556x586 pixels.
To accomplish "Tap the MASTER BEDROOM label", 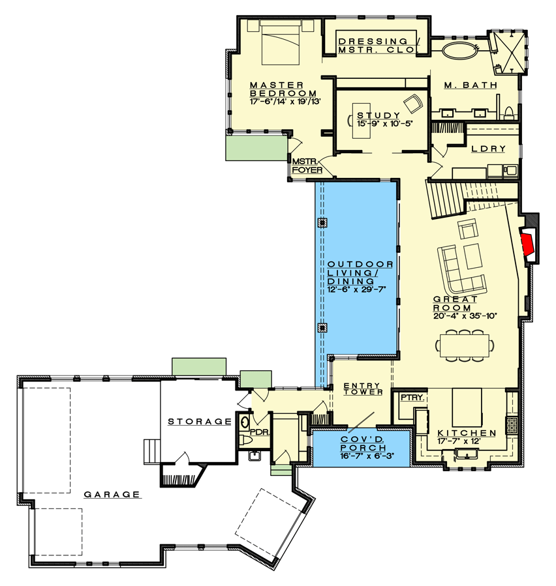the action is pyautogui.click(x=283, y=89).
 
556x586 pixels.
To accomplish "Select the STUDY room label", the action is pyautogui.click(x=378, y=115).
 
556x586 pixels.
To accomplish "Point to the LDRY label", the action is pyautogui.click(x=488, y=149).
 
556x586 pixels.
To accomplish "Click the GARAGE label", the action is pyautogui.click(x=112, y=495).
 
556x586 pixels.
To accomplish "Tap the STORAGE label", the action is pyautogui.click(x=200, y=422).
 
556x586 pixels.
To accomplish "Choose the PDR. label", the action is pyautogui.click(x=260, y=432).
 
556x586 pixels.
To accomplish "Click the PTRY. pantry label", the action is pyautogui.click(x=412, y=398).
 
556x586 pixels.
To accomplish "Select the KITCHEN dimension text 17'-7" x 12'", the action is pyautogui.click(x=459, y=441).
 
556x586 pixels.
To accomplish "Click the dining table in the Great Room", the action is pyautogui.click(x=465, y=345).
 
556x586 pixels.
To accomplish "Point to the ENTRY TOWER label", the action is pyautogui.click(x=363, y=388).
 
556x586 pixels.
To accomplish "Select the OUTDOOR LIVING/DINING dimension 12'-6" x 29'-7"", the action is pyautogui.click(x=356, y=289).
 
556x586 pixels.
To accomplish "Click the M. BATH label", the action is pyautogui.click(x=471, y=85).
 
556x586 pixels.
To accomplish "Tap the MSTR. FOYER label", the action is pyautogui.click(x=307, y=166).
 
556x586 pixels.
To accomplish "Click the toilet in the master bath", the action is pyautogui.click(x=509, y=113).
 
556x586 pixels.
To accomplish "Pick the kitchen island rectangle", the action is pyautogui.click(x=467, y=407).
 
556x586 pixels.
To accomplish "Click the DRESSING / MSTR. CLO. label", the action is pyautogui.click(x=378, y=46).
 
